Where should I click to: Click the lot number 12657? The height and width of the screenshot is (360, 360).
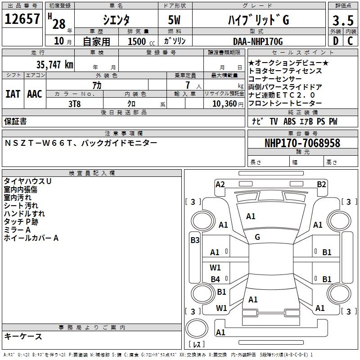22,19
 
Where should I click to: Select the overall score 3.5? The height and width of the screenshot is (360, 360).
342,21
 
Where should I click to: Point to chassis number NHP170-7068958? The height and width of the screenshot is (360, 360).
302,143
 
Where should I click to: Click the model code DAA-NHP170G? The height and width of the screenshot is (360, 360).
258,41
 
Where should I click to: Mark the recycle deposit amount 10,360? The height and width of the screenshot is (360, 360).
220,103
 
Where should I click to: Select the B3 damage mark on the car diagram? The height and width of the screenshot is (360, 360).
195,240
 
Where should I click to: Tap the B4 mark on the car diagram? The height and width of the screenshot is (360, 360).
216,279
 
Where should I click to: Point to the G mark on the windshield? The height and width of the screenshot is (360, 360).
257,237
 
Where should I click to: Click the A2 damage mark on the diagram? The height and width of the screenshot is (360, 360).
220,184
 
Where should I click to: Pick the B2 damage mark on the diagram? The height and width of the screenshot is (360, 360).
321,184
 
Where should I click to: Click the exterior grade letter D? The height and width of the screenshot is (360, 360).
335,40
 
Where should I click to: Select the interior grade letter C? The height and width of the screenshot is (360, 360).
350,40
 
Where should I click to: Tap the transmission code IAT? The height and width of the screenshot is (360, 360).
13,94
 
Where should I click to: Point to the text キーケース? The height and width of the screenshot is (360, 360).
23,336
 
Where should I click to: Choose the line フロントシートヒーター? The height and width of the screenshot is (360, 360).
285,103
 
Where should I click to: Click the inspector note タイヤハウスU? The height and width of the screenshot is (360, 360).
27,181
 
